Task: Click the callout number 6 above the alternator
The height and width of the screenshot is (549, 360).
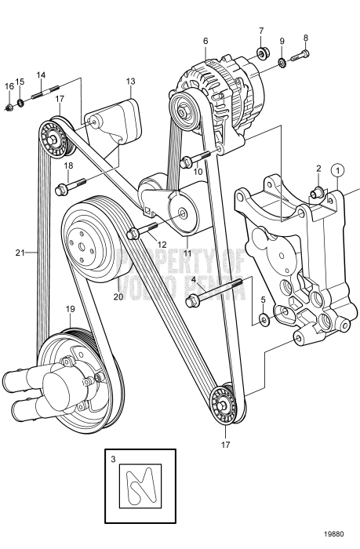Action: (x=205, y=41)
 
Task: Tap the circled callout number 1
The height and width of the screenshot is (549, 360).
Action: (x=337, y=169)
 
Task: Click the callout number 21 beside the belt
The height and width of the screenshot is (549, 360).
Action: (x=20, y=253)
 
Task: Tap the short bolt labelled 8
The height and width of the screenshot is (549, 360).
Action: (x=302, y=55)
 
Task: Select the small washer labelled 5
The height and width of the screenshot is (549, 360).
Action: (x=263, y=319)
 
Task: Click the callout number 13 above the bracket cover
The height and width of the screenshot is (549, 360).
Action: (x=130, y=82)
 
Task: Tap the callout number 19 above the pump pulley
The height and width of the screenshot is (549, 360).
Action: (x=70, y=309)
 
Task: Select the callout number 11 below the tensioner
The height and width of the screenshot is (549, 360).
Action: (x=187, y=253)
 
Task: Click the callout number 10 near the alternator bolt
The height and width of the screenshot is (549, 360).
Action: (x=198, y=170)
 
